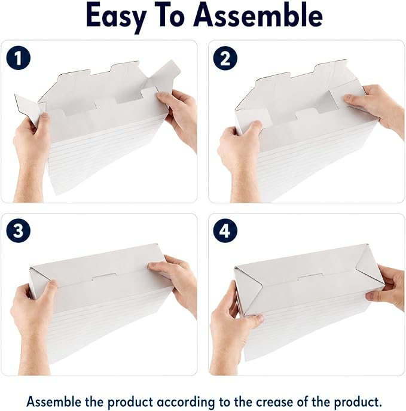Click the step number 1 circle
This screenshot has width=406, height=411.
(19, 57)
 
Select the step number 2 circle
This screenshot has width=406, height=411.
(225, 58)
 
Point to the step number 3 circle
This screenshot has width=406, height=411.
(19, 231)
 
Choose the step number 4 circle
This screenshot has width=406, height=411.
(225, 231)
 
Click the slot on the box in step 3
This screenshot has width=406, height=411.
(104, 276)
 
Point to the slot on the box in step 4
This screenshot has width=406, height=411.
(310, 277)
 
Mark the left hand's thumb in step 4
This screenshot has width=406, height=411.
(253, 320)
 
